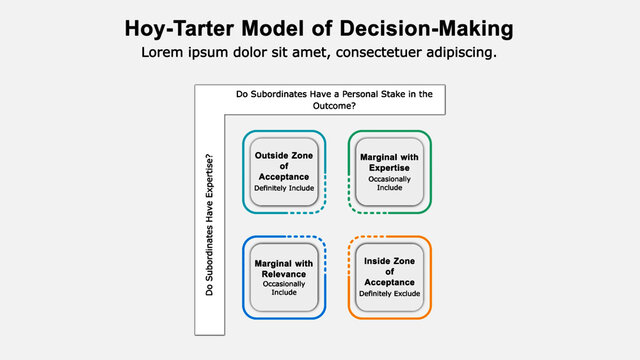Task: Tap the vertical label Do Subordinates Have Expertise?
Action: click(x=209, y=223)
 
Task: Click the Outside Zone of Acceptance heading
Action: click(x=284, y=166)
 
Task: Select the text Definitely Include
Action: click(x=284, y=188)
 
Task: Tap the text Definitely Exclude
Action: click(x=390, y=293)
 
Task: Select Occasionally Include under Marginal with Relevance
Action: click(x=284, y=288)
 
